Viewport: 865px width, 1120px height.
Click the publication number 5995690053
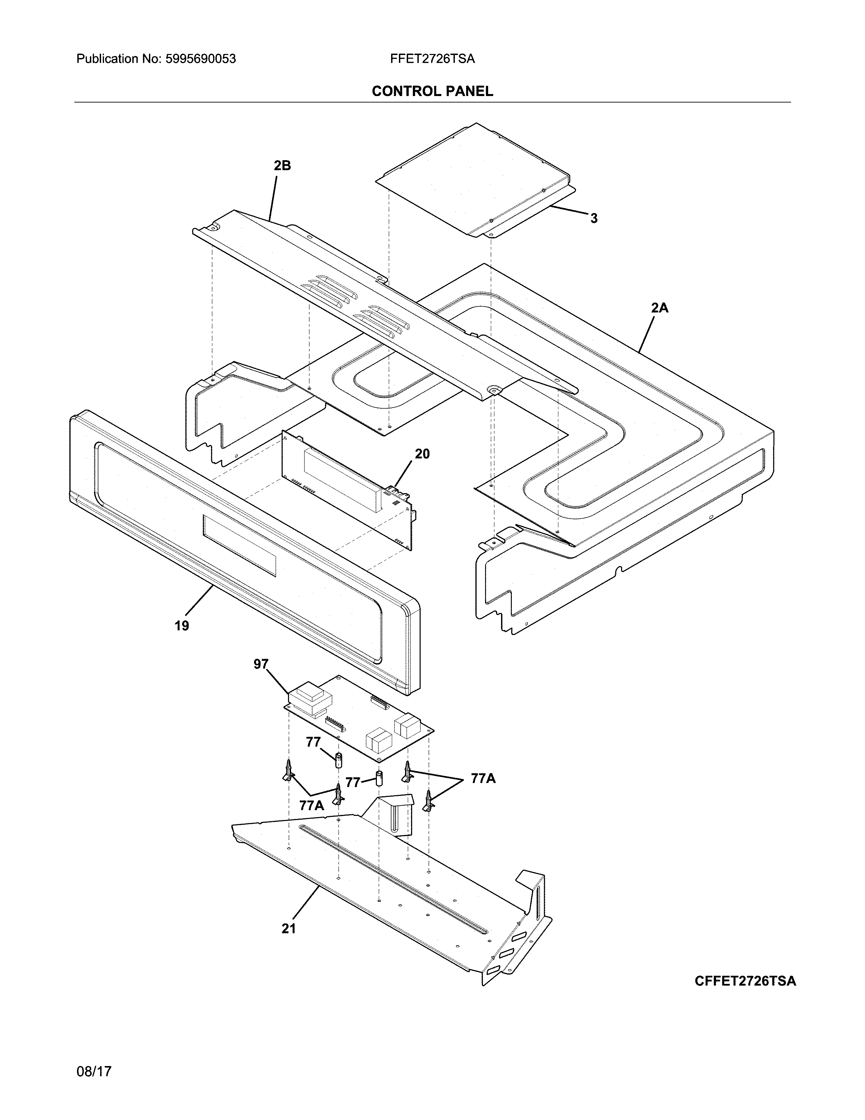coord(200,59)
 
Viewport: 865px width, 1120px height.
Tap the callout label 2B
coord(282,166)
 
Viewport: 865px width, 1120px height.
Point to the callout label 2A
coord(659,308)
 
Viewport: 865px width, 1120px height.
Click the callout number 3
coord(593,219)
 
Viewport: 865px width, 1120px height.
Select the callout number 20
coord(422,454)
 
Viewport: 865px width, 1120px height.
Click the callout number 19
coord(181,626)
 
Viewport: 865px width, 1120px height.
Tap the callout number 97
coord(261,665)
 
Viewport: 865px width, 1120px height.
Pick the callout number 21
coord(289,929)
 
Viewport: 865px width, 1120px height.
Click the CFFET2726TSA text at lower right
coord(745,981)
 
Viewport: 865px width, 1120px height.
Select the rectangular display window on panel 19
coord(239,545)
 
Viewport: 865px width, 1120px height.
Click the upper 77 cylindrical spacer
coord(338,759)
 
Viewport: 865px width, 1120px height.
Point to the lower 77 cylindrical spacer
coord(380,779)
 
